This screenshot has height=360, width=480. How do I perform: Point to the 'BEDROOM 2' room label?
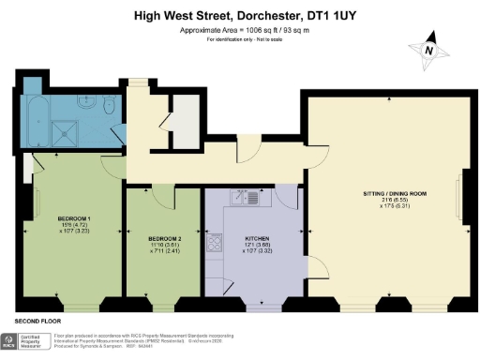tap(163, 238)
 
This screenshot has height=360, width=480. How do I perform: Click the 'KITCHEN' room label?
tap(256, 238)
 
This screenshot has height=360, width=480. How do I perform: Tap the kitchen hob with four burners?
tap(215, 243)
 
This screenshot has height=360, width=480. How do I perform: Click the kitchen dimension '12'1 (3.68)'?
tap(256, 245)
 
